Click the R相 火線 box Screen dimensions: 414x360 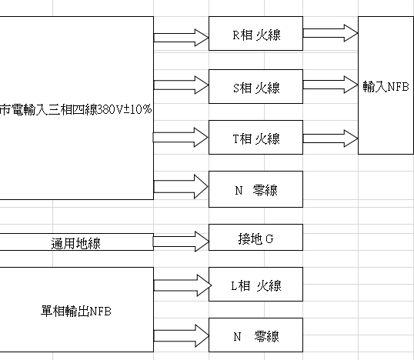(255, 34)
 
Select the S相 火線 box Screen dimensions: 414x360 (255, 87)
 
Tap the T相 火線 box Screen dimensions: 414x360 (255, 137)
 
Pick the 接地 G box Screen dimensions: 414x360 (255, 237)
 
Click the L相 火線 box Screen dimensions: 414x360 (255, 285)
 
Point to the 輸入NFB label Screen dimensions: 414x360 (386, 87)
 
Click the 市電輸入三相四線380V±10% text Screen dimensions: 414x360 (75, 109)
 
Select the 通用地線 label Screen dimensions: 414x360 (75, 243)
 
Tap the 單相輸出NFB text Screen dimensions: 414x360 (75, 312)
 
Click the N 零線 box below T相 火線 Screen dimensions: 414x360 (255, 189)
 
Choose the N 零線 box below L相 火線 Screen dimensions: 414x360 (255, 335)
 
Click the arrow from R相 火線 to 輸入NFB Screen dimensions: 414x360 (331, 33)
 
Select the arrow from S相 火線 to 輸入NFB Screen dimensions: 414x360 (331, 85)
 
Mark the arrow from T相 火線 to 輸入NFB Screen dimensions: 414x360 (331, 138)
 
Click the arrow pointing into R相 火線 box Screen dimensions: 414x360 (181, 38)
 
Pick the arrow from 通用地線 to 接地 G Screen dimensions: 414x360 (181, 242)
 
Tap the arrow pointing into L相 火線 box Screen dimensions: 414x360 (182, 285)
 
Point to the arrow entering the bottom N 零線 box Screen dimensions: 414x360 (182, 335)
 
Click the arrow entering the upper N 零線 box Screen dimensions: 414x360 (181, 187)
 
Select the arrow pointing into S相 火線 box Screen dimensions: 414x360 (181, 85)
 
